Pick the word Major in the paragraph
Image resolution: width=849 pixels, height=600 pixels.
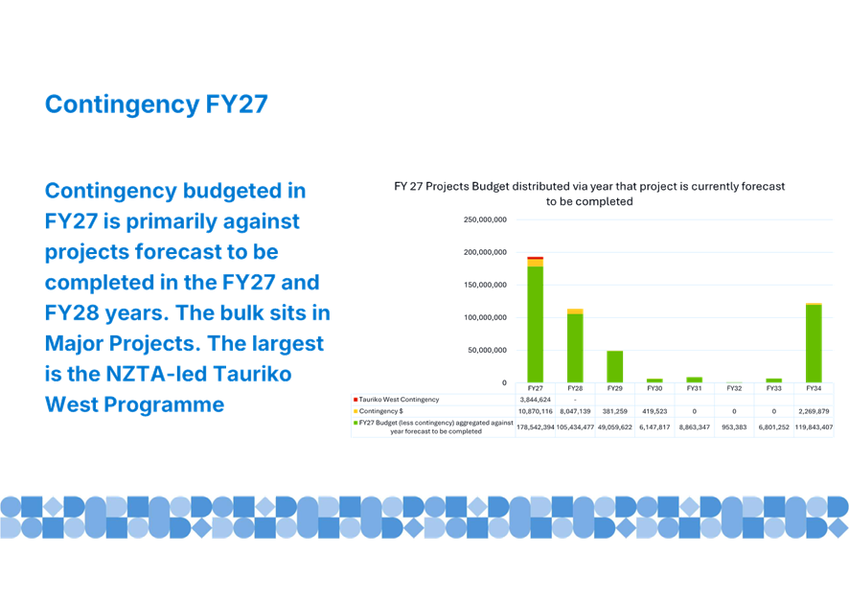[x=79, y=343]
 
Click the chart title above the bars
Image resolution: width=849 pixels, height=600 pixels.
[x=589, y=194]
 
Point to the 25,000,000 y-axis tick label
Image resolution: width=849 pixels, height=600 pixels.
[x=486, y=219]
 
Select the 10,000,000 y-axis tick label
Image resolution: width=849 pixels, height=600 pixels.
[x=486, y=317]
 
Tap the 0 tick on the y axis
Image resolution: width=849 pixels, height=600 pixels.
[x=504, y=383]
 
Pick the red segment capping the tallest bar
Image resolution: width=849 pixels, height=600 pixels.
[x=535, y=258]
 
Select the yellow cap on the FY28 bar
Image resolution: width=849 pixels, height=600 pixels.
[x=575, y=311]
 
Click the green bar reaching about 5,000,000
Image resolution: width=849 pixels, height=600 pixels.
[x=614, y=367]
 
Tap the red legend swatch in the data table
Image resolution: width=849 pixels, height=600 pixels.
[x=356, y=399]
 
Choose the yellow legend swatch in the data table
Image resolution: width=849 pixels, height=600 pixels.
[x=356, y=410]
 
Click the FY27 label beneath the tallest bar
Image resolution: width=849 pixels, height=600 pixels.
[x=535, y=388]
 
